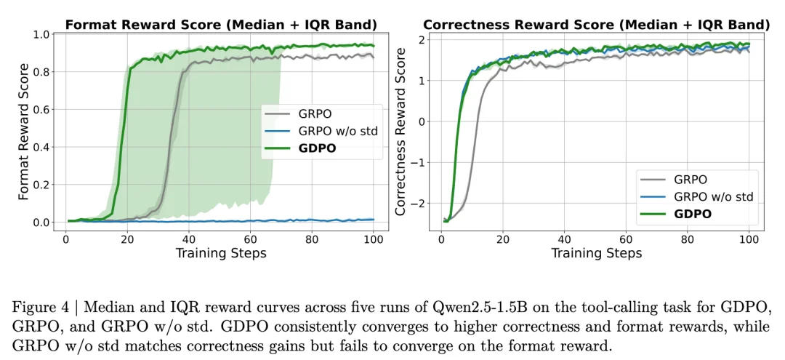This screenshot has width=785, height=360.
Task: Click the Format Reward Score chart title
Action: [222, 25]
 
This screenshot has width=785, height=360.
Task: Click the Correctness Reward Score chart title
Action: [596, 25]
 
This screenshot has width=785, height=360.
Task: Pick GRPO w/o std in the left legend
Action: [335, 132]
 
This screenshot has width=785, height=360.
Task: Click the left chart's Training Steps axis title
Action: [221, 253]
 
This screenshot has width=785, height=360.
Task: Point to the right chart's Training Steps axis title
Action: [596, 253]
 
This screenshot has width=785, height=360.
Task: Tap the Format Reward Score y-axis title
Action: [24, 132]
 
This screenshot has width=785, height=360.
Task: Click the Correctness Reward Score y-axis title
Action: [400, 132]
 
